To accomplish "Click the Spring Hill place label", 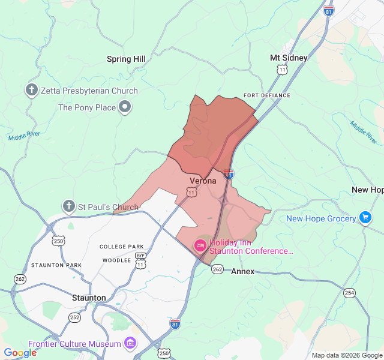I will tap(126, 59).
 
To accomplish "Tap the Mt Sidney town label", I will tap(289, 58).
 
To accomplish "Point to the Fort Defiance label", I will tap(267, 95).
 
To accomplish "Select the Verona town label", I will tap(203, 181).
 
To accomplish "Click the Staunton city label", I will tap(89, 298).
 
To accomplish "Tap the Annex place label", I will tap(242, 271).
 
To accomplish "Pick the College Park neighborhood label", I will tap(122, 247).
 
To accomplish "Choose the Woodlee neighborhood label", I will tap(116, 260).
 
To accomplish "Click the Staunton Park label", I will tap(56, 265).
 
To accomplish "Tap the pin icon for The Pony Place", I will tap(125, 107).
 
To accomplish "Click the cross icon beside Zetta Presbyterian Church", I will tap(32, 91).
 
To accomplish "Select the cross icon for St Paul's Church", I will tap(69, 207).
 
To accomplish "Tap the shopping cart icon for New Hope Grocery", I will tap(365, 218).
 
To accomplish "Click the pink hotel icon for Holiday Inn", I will tap(200, 245).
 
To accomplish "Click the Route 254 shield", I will tap(349, 292).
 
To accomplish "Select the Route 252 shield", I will tap(74, 317).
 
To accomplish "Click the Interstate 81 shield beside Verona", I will tap(229, 174).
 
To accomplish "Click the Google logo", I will tap(20, 353).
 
